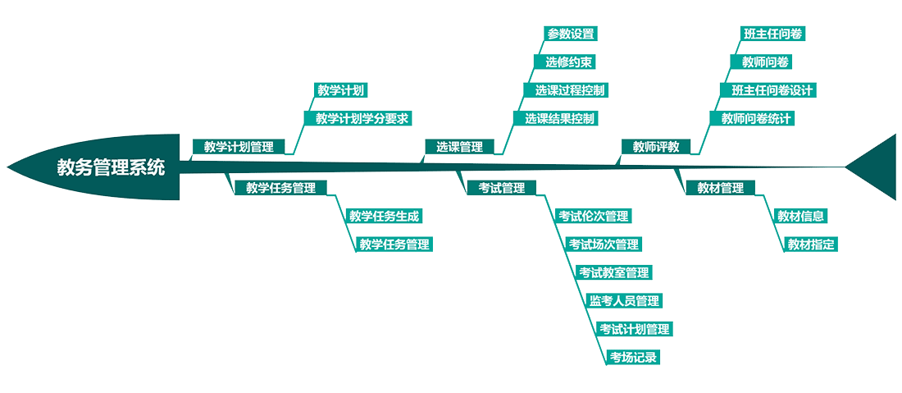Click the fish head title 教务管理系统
click(x=110, y=167)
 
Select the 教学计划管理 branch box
click(x=239, y=147)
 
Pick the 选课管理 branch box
click(x=459, y=147)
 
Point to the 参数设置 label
click(x=571, y=34)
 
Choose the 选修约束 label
click(x=565, y=62)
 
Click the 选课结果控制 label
click(x=560, y=118)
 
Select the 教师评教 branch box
click(x=656, y=147)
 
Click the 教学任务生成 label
click(x=384, y=216)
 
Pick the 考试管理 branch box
click(x=502, y=188)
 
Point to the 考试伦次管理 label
click(x=594, y=216)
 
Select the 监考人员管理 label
click(x=624, y=300)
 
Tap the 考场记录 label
click(x=633, y=357)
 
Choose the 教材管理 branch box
click(x=720, y=188)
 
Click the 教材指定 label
click(x=812, y=244)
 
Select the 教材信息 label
click(x=801, y=216)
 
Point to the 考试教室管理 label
click(x=614, y=272)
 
